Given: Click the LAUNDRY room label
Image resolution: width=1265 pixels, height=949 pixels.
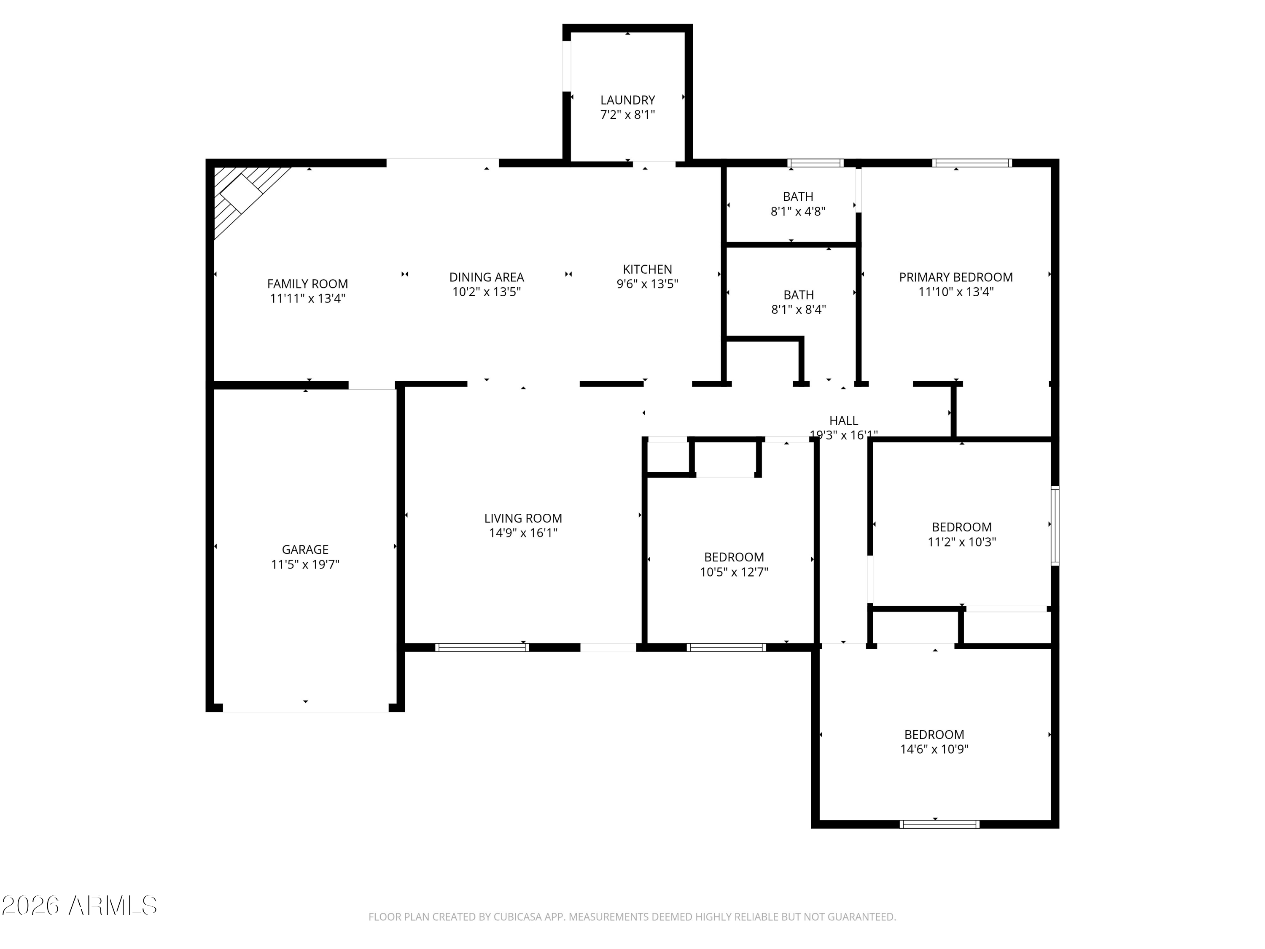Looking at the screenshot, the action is (x=627, y=100).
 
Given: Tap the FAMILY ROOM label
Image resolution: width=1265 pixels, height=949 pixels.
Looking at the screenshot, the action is (x=308, y=284).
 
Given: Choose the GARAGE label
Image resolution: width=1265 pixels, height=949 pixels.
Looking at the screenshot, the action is (x=305, y=550).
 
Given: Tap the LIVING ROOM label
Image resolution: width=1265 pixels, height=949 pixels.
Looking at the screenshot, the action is (x=523, y=518).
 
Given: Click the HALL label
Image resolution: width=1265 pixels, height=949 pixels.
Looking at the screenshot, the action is (x=843, y=421).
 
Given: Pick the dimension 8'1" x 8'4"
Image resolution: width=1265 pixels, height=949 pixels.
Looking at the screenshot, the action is (x=798, y=310).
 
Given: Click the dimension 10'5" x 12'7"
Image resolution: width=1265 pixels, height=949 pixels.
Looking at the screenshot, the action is (x=734, y=572).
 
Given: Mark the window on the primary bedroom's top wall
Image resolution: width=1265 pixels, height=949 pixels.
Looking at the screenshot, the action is (x=972, y=163).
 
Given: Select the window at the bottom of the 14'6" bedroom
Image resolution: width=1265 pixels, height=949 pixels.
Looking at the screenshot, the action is (x=939, y=824).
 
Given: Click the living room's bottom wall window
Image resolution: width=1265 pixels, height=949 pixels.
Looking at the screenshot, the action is (x=482, y=647).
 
